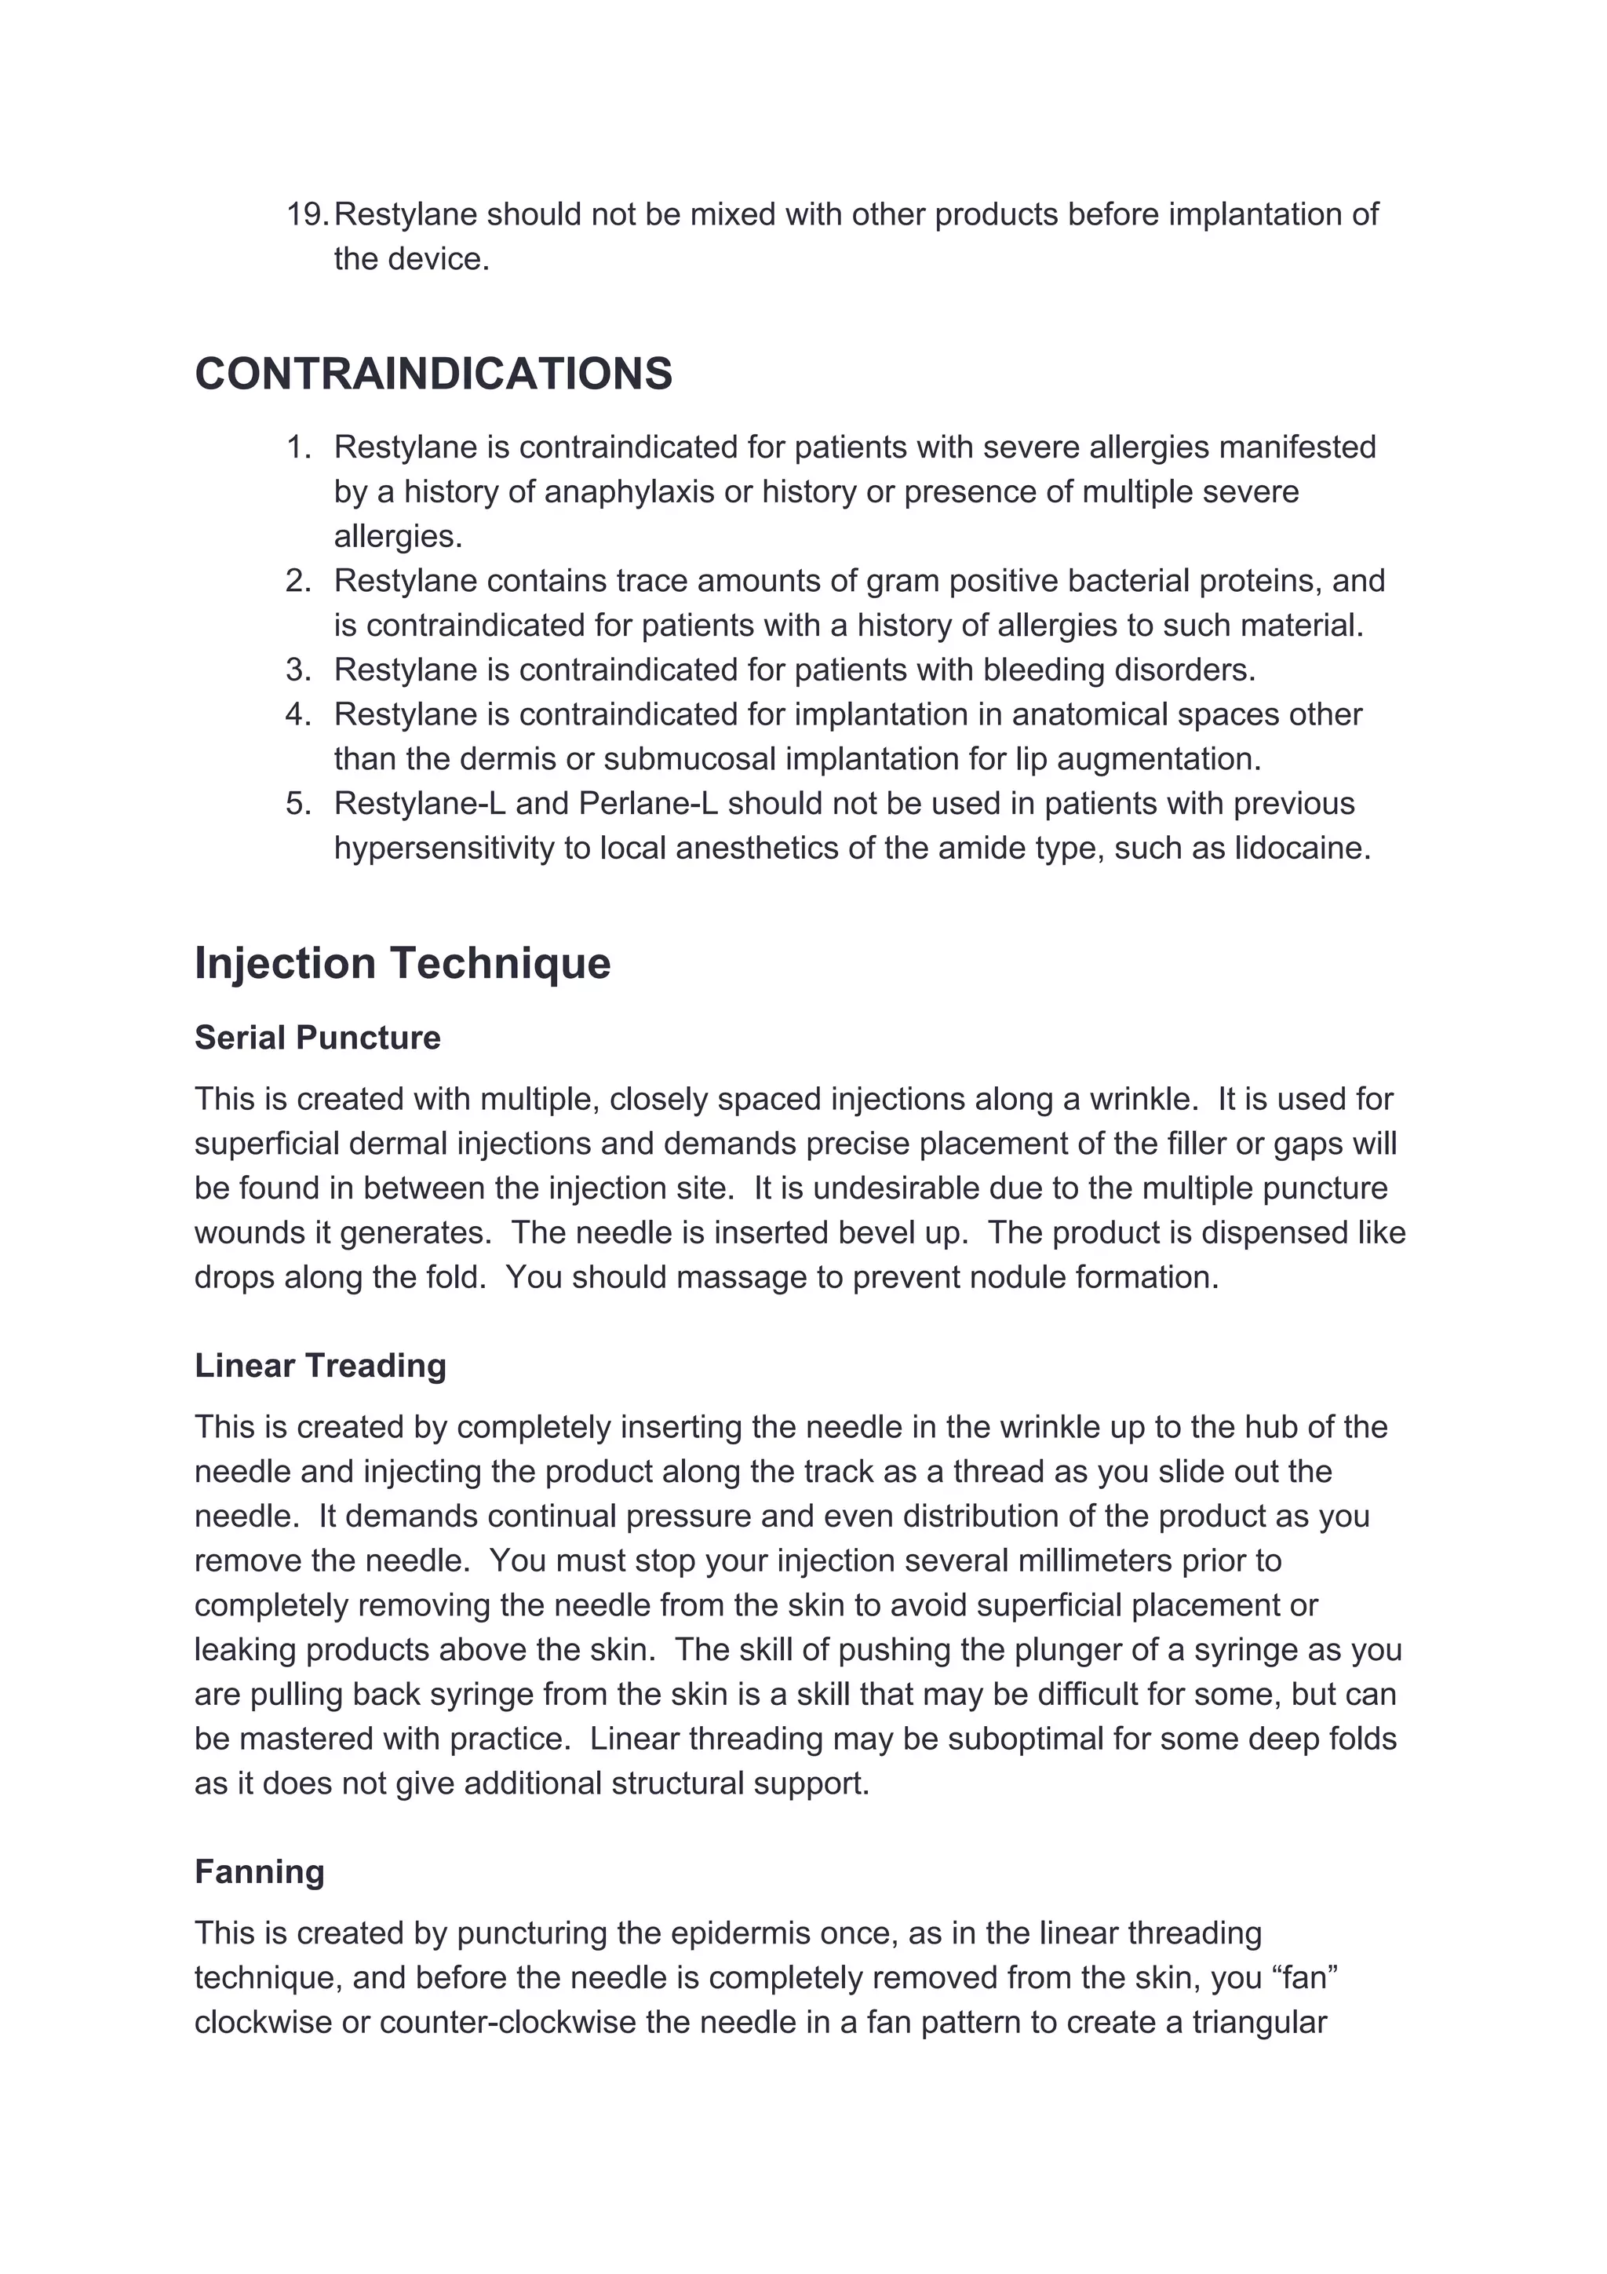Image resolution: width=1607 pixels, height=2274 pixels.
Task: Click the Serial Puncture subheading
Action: click(x=317, y=1037)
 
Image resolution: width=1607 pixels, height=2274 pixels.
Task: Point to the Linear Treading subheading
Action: click(x=320, y=1365)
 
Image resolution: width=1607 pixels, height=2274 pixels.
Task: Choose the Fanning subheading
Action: click(x=260, y=1871)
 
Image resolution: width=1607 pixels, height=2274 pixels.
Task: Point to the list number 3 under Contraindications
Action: click(x=298, y=670)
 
